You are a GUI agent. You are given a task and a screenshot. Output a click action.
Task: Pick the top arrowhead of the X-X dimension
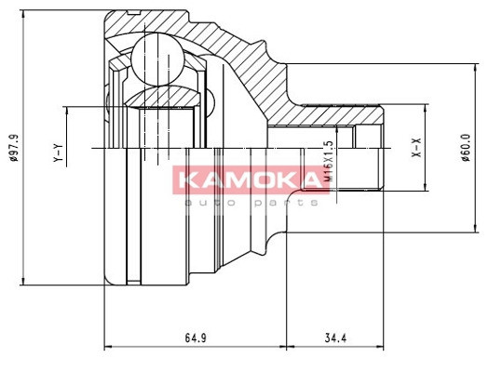[427, 111]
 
